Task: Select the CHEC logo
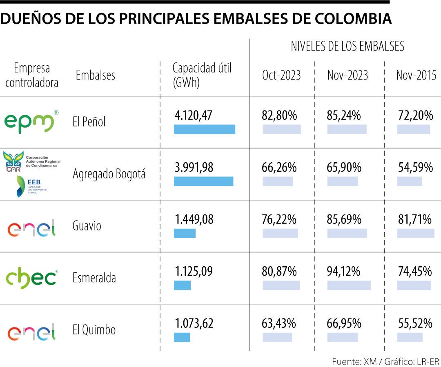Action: (31, 278)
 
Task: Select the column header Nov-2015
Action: (416, 75)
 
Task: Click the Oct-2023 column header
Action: (281, 75)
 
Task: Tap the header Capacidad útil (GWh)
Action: (202, 75)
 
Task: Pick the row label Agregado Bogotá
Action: (109, 174)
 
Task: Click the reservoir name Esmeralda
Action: (94, 278)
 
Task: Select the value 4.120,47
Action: (194, 115)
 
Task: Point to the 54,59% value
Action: (415, 167)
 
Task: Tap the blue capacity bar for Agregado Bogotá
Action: (203, 181)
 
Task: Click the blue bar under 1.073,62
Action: (182, 337)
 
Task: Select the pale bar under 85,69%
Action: (347, 233)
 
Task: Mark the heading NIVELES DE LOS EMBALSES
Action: (347, 46)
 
